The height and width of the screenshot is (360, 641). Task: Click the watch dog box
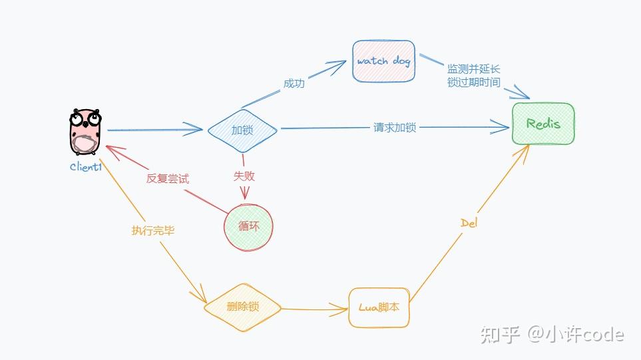(x=383, y=61)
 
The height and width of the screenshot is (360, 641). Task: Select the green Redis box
(x=543, y=124)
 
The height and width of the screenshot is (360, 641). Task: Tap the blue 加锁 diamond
(x=242, y=130)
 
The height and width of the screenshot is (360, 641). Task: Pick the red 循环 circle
(x=248, y=226)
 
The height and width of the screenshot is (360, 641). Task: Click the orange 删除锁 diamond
(x=242, y=307)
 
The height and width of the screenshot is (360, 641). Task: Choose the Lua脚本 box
(x=379, y=307)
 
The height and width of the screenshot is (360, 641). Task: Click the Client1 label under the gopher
(x=86, y=167)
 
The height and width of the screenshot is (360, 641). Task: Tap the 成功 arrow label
(x=294, y=84)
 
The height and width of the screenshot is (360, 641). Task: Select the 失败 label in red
(x=244, y=176)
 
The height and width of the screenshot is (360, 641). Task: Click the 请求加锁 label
(x=395, y=127)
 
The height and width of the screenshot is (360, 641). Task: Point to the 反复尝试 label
(x=168, y=179)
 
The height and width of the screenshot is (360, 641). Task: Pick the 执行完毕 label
(x=153, y=231)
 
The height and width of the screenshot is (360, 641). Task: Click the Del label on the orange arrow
(x=469, y=223)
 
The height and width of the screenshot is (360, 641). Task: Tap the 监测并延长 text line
(x=473, y=70)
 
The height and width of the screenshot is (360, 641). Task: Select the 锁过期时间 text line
(x=473, y=83)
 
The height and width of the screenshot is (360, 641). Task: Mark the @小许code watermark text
(x=576, y=334)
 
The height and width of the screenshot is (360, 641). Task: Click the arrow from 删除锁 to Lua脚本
(x=313, y=309)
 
